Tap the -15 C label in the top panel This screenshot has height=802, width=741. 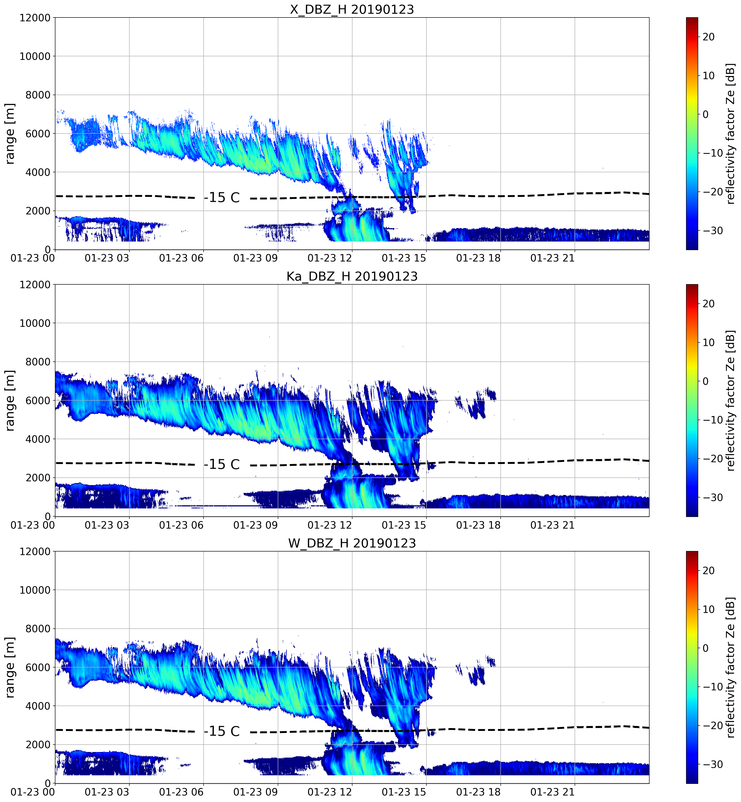[x=222, y=198]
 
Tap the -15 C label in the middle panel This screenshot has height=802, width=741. [x=222, y=464]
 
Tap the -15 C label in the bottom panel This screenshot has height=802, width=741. [x=222, y=731]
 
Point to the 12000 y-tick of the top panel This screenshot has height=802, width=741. [x=35, y=18]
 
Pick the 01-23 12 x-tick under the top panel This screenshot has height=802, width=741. [x=330, y=258]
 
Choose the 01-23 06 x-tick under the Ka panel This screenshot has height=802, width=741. [x=181, y=525]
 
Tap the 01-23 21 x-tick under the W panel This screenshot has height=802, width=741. [x=552, y=792]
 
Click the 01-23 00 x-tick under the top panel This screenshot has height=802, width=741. [x=33, y=258]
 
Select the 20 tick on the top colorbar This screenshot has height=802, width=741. [x=708, y=37]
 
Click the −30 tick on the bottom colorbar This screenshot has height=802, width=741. [x=712, y=764]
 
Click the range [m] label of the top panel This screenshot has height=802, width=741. [x=10, y=133]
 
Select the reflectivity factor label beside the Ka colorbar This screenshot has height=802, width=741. [x=731, y=400]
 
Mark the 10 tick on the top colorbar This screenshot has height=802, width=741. [x=708, y=75]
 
